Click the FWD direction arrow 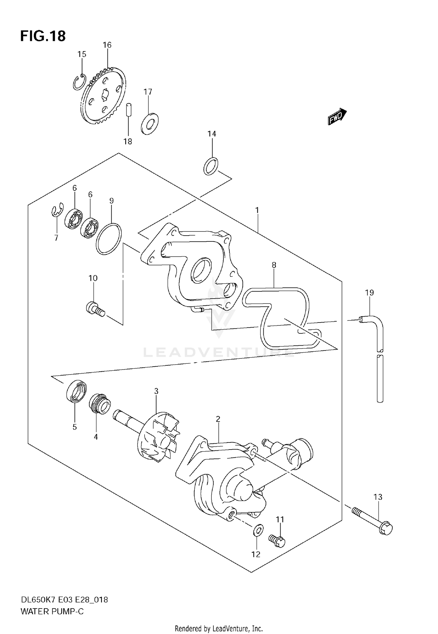337,117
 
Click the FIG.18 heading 43,36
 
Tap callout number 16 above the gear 107,45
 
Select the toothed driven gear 103,96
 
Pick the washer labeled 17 150,124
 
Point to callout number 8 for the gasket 274,265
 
